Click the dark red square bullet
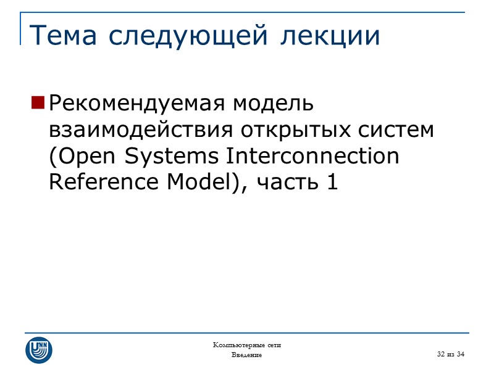38,103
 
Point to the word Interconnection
313,157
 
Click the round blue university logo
38,350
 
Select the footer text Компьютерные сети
246,345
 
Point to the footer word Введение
246,355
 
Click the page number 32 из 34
450,353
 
